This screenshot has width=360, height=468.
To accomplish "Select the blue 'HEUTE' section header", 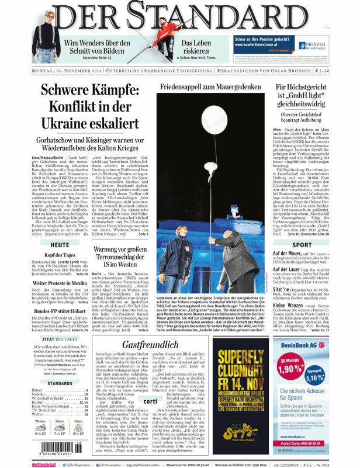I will [x=60, y=244].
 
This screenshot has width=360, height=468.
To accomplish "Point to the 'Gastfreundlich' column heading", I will [x=150, y=345].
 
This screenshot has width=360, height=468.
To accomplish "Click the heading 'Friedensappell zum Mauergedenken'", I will [x=210, y=87].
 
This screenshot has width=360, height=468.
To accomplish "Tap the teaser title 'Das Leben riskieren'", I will [x=195, y=47].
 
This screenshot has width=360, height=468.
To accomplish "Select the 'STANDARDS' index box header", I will [x=60, y=383].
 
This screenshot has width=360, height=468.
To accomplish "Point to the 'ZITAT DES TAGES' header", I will [x=60, y=339].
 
